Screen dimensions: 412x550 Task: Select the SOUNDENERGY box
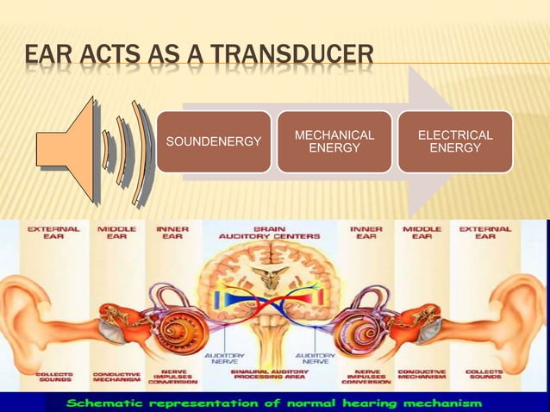[213, 141]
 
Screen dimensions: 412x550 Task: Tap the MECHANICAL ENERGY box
[334, 141]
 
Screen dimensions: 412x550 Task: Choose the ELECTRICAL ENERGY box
[455, 141]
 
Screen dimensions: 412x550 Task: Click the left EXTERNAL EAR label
[53, 233]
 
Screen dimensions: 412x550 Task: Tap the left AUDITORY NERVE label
[222, 358]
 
